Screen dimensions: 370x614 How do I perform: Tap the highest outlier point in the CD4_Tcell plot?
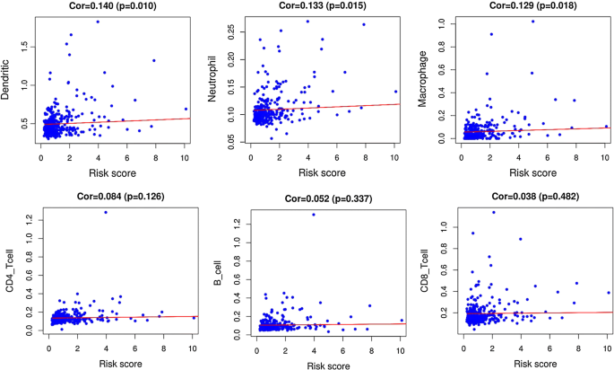tap(106, 212)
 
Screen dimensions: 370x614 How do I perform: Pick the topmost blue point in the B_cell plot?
tap(313, 215)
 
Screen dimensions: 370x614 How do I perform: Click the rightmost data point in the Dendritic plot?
tap(186, 109)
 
